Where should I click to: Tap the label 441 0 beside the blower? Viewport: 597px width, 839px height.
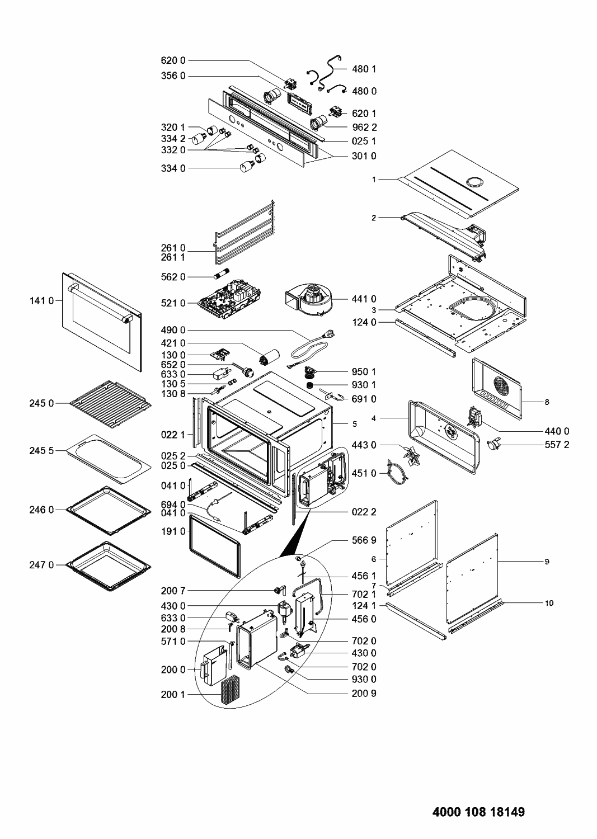pos(364,299)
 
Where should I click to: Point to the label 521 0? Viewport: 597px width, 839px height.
pos(173,303)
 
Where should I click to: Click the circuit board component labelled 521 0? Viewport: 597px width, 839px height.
pos(229,298)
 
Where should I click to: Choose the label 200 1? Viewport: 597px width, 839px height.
pos(173,695)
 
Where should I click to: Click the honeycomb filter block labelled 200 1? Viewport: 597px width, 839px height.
pos(230,691)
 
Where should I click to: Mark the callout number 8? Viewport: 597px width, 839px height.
pos(547,402)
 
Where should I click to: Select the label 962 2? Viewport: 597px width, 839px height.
pos(364,128)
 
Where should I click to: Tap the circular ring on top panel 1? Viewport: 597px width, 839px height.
pos(475,182)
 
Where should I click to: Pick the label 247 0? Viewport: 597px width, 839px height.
pos(41,565)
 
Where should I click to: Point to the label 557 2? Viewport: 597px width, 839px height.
pos(557,445)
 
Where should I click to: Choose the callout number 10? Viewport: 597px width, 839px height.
pos(549,603)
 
